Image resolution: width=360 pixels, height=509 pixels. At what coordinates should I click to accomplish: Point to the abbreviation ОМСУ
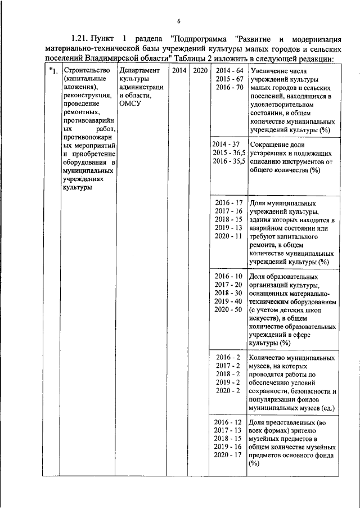(x=129, y=103)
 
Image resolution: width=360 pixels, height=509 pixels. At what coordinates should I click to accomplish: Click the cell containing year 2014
(x=179, y=71)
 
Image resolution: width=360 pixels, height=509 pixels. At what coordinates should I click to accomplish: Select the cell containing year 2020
(x=200, y=71)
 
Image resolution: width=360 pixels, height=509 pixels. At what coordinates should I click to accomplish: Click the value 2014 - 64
(x=229, y=71)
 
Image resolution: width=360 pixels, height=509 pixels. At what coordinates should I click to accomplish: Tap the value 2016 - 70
(x=229, y=88)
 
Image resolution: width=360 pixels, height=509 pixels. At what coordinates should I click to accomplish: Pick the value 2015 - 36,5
(x=228, y=152)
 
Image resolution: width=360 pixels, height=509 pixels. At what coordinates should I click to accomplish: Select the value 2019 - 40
(x=229, y=301)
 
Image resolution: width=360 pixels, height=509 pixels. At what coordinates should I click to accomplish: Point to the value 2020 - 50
(x=229, y=309)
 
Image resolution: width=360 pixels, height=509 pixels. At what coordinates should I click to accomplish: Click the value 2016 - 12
(x=229, y=422)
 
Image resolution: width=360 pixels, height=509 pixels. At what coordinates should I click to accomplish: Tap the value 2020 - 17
(x=229, y=455)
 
